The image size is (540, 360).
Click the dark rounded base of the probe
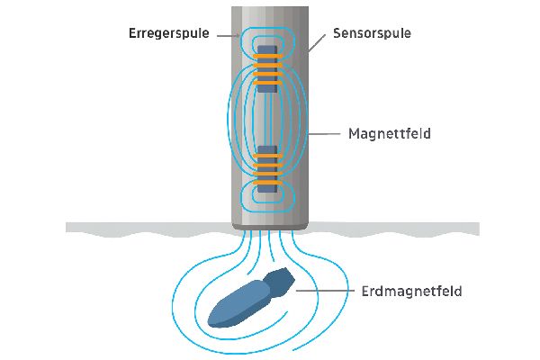pyautogui.click(x=268, y=220)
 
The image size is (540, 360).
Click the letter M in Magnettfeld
pyautogui.click(x=354, y=135)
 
